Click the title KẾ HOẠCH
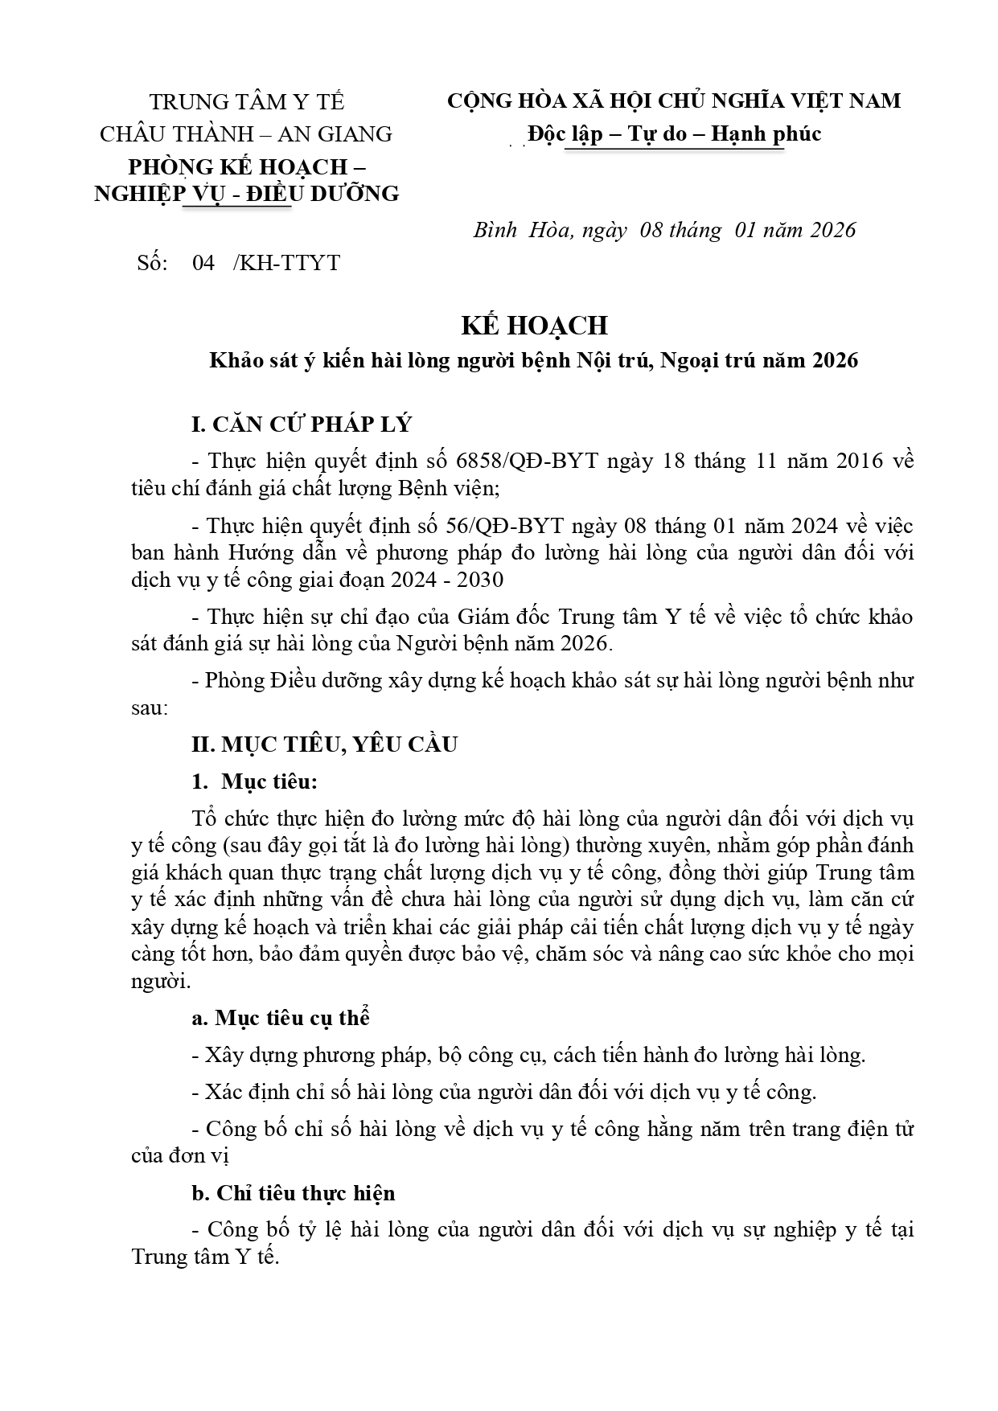533,325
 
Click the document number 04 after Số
203,263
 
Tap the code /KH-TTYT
286,263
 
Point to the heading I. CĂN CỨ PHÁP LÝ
302,425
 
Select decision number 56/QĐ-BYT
505,526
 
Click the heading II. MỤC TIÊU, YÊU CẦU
324,744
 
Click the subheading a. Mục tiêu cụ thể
281,1018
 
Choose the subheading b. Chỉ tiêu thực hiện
294,1192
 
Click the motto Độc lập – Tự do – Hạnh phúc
674,133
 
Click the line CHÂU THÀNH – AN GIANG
246,133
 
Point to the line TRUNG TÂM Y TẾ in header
247,102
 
